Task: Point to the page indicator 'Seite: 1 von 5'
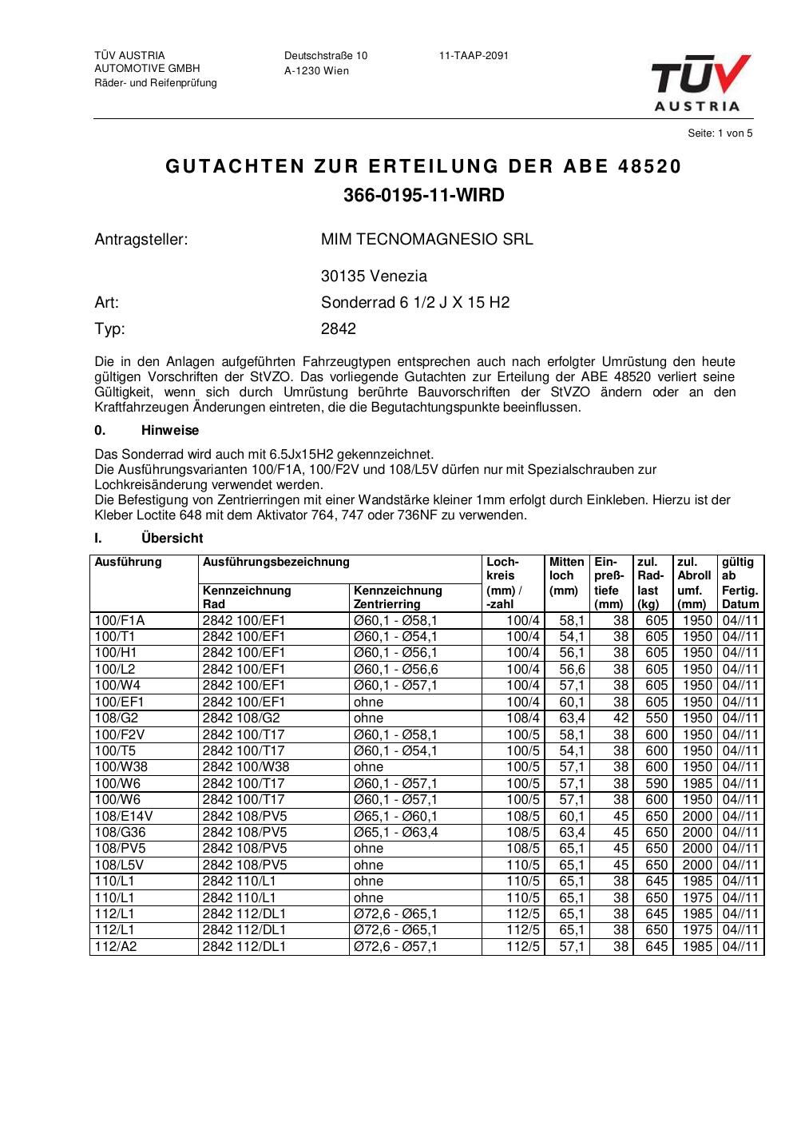pos(720,133)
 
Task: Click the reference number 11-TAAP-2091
pos(474,56)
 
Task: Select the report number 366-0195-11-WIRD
pos(424,195)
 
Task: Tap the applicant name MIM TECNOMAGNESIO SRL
pos(426,239)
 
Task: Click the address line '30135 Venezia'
pos(374,277)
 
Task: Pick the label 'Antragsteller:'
pos(141,239)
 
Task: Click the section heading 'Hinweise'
pos(170,431)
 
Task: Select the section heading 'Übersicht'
pos(172,539)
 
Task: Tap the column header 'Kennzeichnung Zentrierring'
pos(398,597)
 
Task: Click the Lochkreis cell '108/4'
pos(523,718)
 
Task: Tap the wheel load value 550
pos(656,718)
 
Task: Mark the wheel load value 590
pos(656,784)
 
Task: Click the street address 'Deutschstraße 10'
pos(326,56)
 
